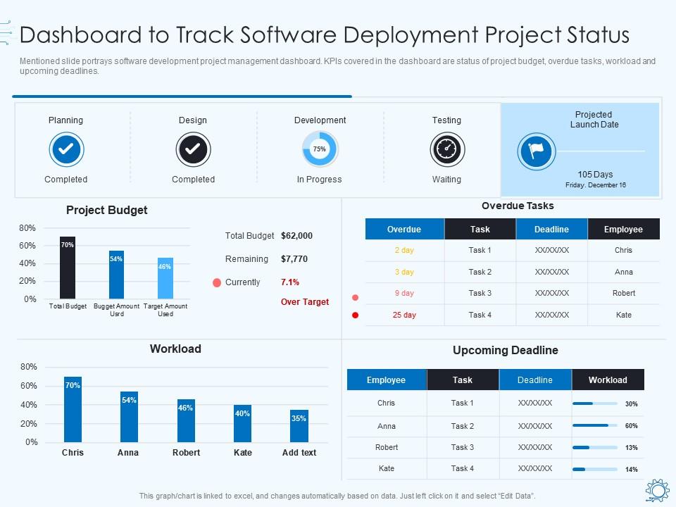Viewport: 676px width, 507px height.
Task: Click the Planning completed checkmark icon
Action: pyautogui.click(x=67, y=149)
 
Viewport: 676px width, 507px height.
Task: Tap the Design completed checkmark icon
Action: pyautogui.click(x=193, y=149)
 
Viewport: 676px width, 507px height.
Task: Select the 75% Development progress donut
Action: pyautogui.click(x=320, y=149)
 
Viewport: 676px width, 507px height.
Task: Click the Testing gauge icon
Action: pyautogui.click(x=446, y=149)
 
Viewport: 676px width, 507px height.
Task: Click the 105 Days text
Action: pyautogui.click(x=595, y=175)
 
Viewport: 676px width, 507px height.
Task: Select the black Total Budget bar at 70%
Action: pyautogui.click(x=68, y=268)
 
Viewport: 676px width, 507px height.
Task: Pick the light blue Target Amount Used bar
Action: pyautogui.click(x=165, y=278)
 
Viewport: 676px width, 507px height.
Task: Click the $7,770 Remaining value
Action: pyautogui.click(x=294, y=259)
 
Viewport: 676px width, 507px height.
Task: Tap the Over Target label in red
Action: pyautogui.click(x=305, y=302)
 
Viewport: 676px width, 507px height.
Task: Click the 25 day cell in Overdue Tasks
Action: pyautogui.click(x=404, y=315)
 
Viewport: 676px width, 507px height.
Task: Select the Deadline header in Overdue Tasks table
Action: pyautogui.click(x=551, y=230)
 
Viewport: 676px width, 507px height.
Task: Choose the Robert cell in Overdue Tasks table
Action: pyautogui.click(x=623, y=294)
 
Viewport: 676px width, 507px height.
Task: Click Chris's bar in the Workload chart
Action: pyautogui.click(x=73, y=410)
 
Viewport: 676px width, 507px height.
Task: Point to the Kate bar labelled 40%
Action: pyautogui.click(x=242, y=423)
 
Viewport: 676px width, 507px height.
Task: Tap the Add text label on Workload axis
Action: pyautogui.click(x=299, y=453)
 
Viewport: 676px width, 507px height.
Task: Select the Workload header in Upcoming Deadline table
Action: pyautogui.click(x=608, y=380)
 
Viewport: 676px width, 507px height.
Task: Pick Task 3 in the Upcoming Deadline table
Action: pyautogui.click(x=462, y=447)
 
